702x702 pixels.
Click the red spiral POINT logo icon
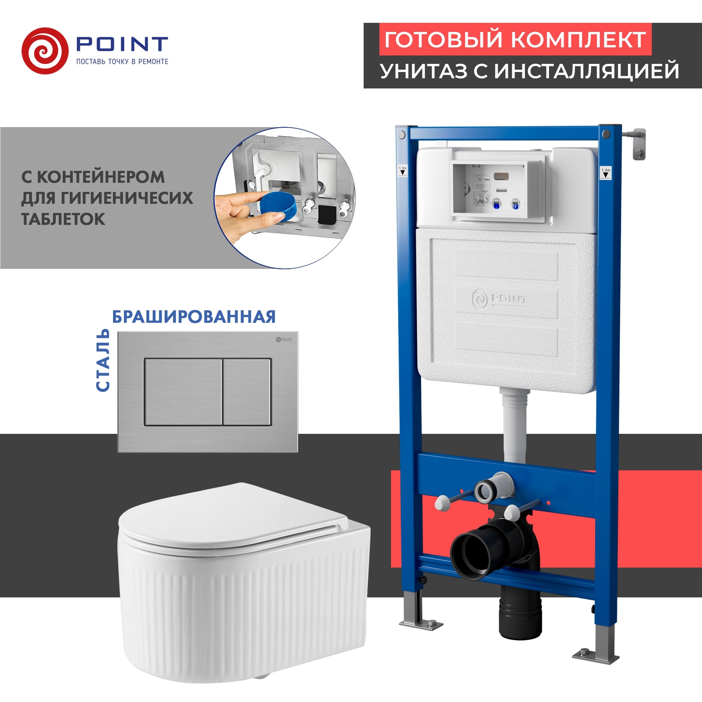coord(45,51)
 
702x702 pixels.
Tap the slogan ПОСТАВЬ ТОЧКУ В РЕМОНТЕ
coord(122,62)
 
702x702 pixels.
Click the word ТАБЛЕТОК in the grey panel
coord(63,219)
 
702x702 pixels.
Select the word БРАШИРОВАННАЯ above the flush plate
coord(194,317)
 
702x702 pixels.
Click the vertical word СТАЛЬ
coord(103,360)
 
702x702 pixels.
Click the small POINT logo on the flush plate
coord(284,339)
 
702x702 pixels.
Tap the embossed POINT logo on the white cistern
coord(499,299)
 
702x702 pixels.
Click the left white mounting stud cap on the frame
coord(441,504)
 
